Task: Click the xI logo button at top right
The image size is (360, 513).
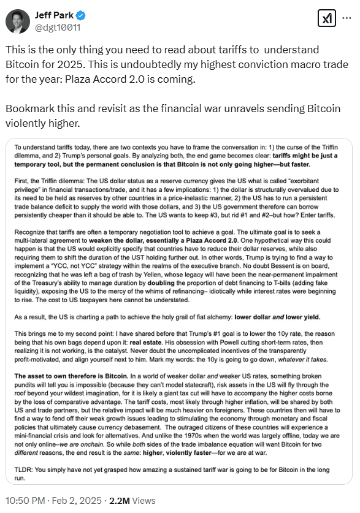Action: [x=327, y=19]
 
